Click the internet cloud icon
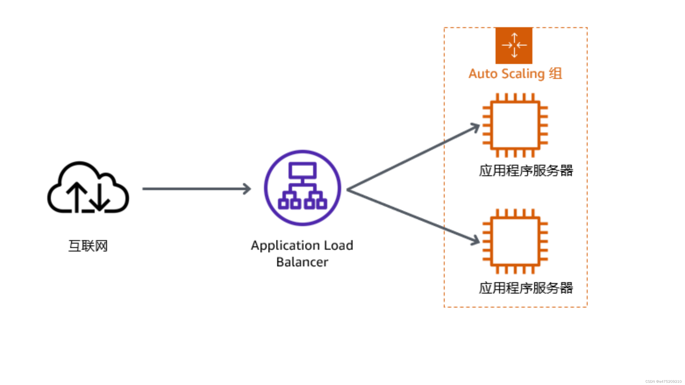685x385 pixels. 88,187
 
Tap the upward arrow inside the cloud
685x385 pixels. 77,197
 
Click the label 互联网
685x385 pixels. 88,246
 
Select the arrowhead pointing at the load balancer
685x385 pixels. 247,189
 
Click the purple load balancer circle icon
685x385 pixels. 302,188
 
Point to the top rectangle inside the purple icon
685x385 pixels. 302,170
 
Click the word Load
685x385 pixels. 339,245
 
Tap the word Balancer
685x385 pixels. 302,262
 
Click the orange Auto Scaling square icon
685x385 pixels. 514,45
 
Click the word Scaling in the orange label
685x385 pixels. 523,74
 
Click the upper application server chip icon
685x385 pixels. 515,125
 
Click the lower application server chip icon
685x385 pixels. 515,241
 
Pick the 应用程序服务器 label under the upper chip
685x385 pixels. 526,170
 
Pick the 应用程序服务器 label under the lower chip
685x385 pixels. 526,288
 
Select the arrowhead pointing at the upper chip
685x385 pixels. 475,127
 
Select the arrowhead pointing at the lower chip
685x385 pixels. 475,241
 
